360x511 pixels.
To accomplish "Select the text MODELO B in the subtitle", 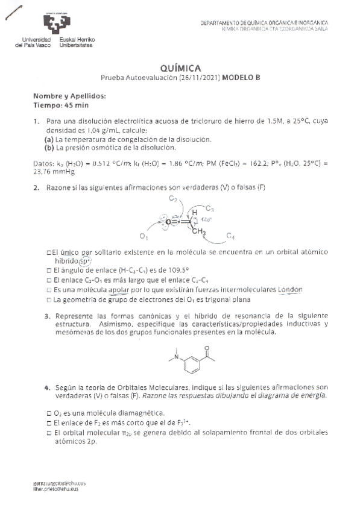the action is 241,78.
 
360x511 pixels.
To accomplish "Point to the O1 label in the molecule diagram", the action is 143,235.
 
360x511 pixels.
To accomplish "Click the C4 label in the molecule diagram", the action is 230,234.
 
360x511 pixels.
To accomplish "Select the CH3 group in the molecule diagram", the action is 200,232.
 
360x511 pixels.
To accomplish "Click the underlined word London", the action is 290,289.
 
